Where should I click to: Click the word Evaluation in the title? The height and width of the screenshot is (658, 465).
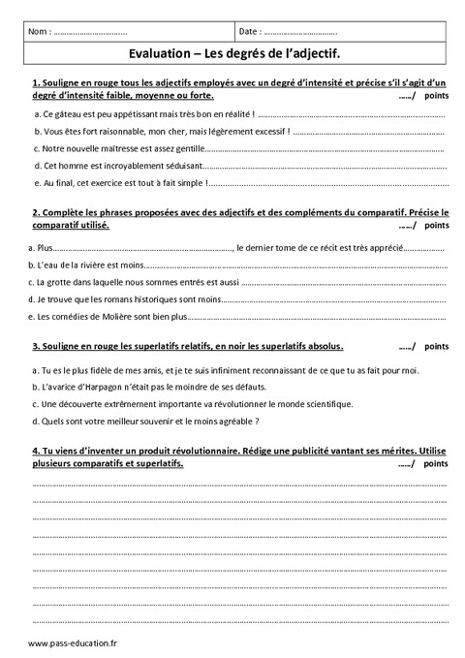click(157, 55)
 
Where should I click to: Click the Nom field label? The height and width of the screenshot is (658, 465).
click(40, 32)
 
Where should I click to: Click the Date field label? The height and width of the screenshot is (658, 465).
click(250, 32)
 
